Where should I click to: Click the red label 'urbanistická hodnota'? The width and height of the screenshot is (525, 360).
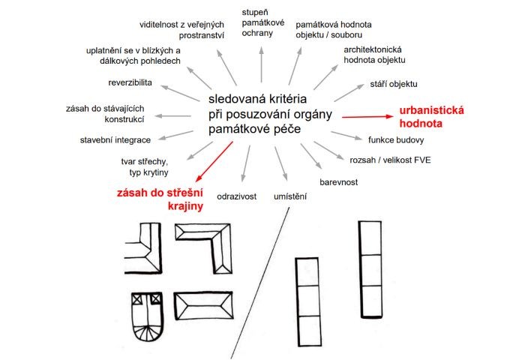point(431,115)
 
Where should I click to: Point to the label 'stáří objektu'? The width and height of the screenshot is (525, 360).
point(394,83)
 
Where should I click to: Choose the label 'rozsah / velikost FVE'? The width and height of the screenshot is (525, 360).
point(390,160)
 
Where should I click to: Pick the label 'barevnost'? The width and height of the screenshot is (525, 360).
point(338,181)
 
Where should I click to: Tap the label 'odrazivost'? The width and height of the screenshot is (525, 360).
point(237,196)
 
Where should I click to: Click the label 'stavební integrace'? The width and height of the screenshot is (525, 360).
point(115,139)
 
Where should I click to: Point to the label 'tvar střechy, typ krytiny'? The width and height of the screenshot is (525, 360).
point(144,166)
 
